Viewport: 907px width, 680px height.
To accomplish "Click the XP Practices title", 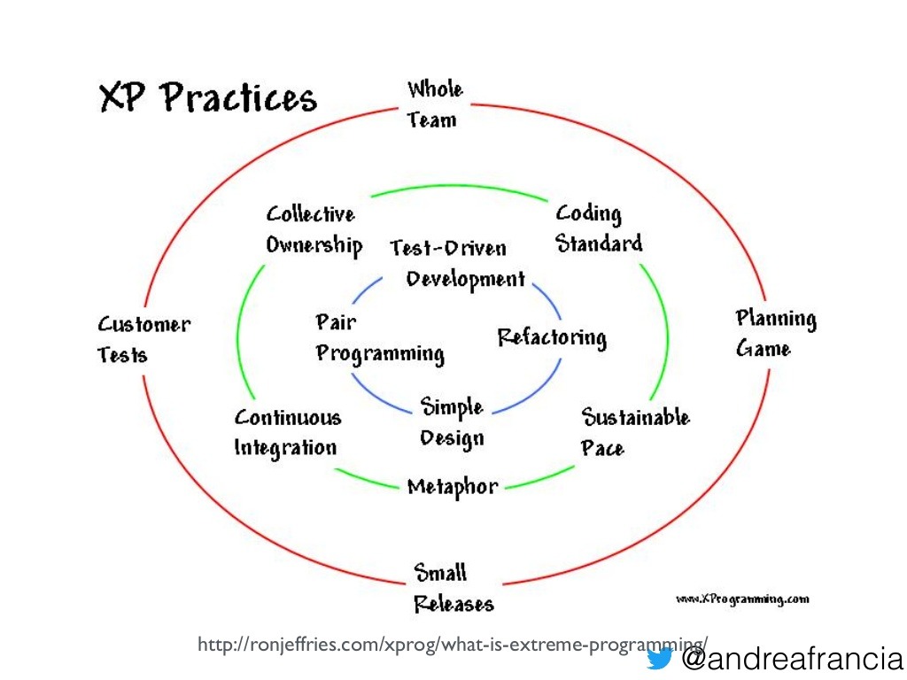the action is [208, 97].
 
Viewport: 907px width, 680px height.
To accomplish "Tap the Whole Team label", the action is [434, 104].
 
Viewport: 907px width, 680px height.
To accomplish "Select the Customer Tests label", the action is [143, 339].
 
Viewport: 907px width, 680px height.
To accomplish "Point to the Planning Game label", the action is [776, 334].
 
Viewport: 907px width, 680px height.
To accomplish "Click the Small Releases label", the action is [453, 588].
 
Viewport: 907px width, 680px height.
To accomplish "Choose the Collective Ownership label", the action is [314, 230].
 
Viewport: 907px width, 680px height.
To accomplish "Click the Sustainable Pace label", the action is [635, 432].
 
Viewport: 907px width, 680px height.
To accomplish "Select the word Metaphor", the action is [453, 488].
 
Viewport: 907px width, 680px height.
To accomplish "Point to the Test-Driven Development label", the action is [457, 264].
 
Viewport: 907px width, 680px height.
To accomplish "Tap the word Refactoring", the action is [552, 337].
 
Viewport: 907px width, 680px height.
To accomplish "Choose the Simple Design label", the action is [452, 422].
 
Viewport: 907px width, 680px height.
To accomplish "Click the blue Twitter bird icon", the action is [659, 658].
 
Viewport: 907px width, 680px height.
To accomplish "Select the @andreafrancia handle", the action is [792, 659].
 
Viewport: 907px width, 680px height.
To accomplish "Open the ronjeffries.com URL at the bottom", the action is [453, 645].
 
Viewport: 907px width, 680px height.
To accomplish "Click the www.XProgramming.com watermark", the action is [742, 599].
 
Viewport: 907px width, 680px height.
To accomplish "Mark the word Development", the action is [466, 280].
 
